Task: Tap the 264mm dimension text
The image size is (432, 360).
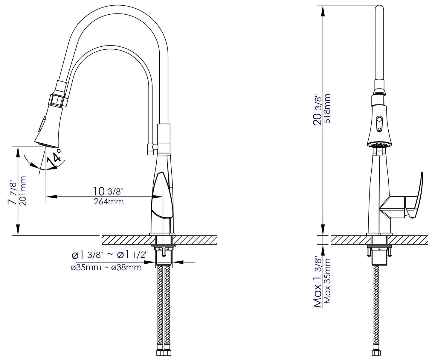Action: [109, 201]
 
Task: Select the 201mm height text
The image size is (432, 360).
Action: [23, 191]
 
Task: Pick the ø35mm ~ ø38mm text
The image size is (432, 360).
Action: [106, 267]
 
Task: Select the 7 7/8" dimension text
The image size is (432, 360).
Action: [12, 192]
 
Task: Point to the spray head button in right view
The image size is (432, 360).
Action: [379, 124]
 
